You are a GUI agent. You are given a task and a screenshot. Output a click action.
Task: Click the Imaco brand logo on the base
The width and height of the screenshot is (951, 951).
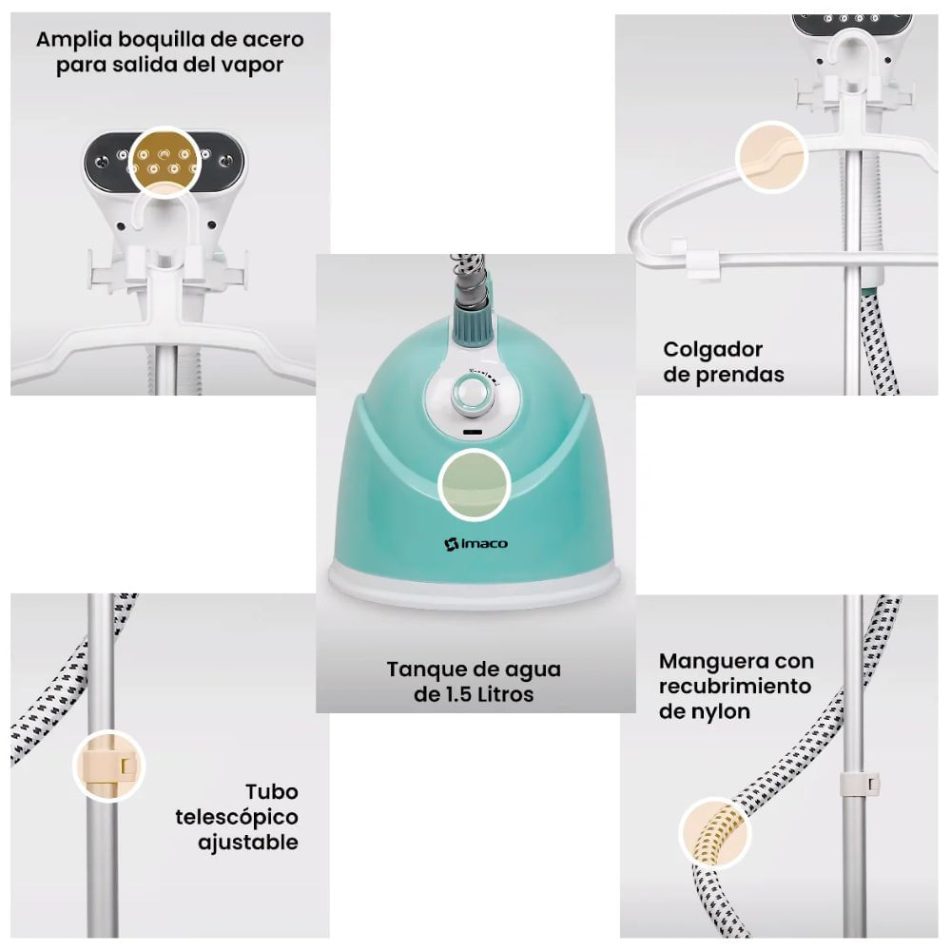[x=476, y=543]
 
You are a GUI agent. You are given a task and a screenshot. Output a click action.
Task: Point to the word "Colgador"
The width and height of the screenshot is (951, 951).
[x=712, y=350]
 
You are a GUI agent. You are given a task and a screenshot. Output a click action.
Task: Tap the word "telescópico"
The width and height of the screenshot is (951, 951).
[x=237, y=818]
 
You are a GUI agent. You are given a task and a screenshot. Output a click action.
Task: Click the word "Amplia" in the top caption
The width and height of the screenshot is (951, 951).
[x=74, y=40]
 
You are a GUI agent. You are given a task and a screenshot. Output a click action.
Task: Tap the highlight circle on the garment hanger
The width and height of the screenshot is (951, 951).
[x=771, y=157]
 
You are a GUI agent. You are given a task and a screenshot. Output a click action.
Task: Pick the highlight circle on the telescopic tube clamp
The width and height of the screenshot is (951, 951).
[x=109, y=766]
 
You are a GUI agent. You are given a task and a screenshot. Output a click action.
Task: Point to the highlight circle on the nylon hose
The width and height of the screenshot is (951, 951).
[x=715, y=832]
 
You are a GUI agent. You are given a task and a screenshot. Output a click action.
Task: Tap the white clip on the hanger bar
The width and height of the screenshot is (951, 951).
[x=703, y=261]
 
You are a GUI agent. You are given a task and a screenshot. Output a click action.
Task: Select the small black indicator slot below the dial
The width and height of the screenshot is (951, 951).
[x=473, y=433]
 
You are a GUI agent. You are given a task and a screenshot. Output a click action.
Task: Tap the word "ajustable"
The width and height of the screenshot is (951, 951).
[x=248, y=843]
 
